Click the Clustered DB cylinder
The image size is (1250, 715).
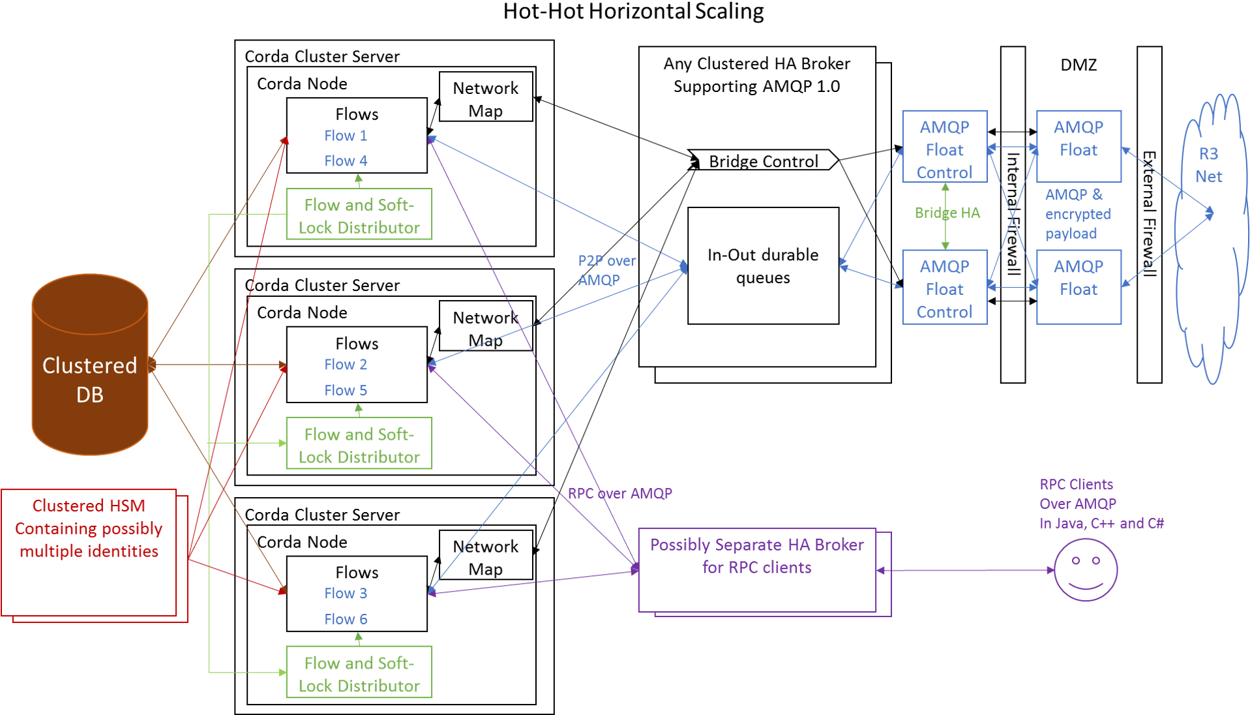click(90, 365)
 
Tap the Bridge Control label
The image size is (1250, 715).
click(763, 161)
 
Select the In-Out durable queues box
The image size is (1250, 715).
click(763, 266)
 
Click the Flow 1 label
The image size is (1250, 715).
click(346, 136)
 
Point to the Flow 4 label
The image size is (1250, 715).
click(346, 161)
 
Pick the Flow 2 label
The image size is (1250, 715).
click(346, 365)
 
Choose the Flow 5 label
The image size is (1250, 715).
click(346, 391)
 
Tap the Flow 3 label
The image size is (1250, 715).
click(346, 594)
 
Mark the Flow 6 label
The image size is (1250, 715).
click(346, 619)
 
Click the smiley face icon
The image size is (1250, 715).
click(1086, 570)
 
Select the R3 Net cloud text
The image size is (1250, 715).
click(1208, 165)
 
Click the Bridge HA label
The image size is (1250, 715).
click(947, 213)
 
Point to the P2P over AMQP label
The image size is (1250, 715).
click(606, 270)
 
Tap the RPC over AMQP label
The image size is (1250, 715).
click(619, 494)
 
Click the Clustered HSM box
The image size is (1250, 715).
click(89, 552)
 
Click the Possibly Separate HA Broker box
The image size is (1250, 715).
click(756, 570)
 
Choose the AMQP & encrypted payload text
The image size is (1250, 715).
click(1078, 214)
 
